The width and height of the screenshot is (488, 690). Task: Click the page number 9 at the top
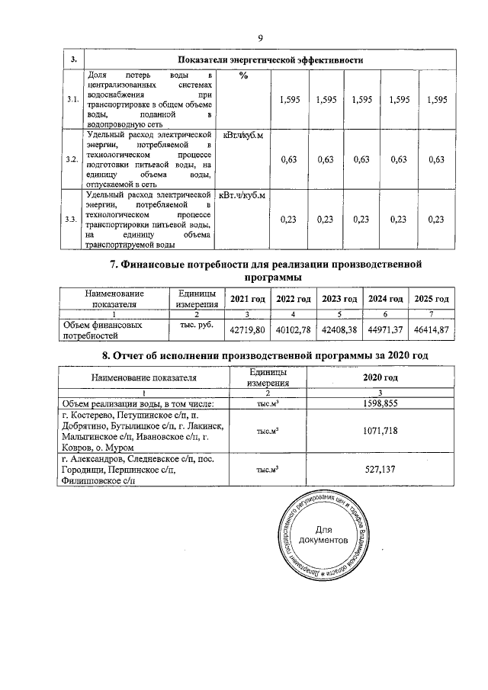260,38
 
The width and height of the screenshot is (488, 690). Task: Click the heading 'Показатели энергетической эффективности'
269,59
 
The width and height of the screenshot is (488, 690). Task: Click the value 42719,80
248,329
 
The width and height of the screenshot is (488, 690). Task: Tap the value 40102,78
294,329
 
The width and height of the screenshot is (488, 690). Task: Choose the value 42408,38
339,329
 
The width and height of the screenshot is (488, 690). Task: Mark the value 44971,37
385,329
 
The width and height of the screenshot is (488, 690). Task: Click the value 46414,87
432,329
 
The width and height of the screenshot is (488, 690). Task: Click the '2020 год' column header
380,377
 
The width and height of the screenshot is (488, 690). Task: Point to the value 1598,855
380,403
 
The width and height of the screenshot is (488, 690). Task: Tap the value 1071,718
380,432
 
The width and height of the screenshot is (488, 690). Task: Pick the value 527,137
380,470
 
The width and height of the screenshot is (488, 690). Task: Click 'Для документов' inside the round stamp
324,534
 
